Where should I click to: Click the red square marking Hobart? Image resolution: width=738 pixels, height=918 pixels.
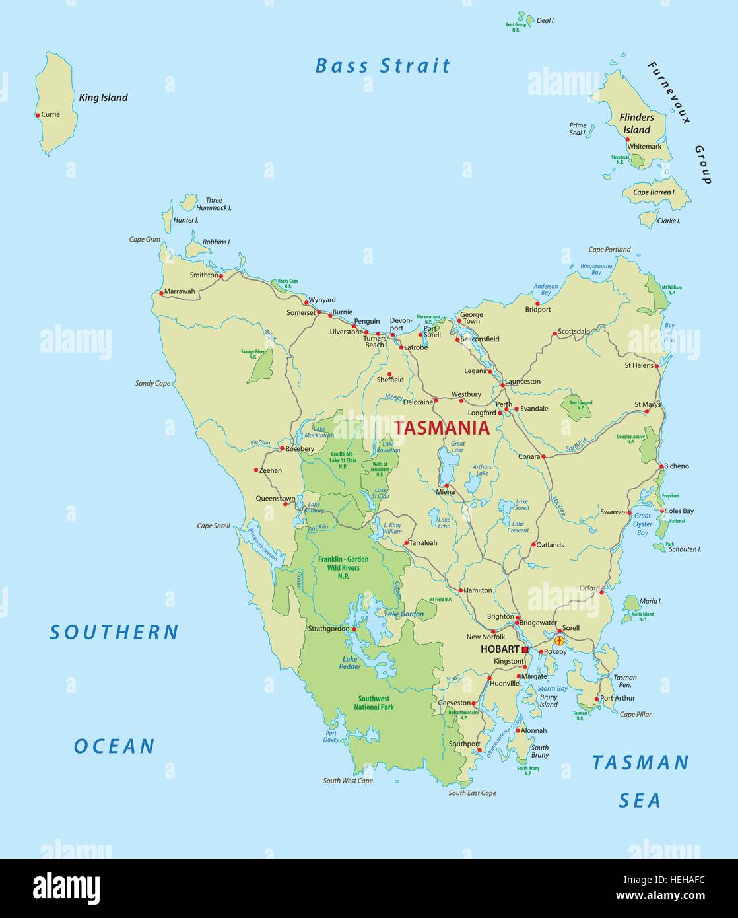coord(525,650)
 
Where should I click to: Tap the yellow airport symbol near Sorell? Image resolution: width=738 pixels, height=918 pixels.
coord(560,640)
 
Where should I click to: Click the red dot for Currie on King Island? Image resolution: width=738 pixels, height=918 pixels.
coord(38,115)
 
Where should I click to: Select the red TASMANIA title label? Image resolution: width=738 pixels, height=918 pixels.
coord(442,428)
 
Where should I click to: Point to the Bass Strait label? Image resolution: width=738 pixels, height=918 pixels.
coord(383,66)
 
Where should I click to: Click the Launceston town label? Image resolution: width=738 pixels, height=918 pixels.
coord(523,381)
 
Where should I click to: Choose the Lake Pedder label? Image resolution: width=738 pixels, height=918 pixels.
coord(350,662)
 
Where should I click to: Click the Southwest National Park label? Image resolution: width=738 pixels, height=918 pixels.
coord(374,703)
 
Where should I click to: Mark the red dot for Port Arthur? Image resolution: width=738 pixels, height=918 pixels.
coord(597,699)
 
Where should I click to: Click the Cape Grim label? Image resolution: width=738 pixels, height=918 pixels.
coord(145,240)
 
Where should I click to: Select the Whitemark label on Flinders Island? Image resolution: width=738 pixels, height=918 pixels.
coord(644,147)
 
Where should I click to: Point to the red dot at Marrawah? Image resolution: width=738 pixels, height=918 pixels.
coord(161,293)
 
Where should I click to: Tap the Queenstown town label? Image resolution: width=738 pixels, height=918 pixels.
coord(275,499)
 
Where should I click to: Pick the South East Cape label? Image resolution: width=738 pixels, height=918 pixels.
coord(472,793)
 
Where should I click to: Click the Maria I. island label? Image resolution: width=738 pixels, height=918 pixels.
coord(650,601)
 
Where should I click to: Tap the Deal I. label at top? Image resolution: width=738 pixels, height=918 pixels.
coord(545,21)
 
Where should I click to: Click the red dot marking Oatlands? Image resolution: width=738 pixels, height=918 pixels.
coord(533,545)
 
